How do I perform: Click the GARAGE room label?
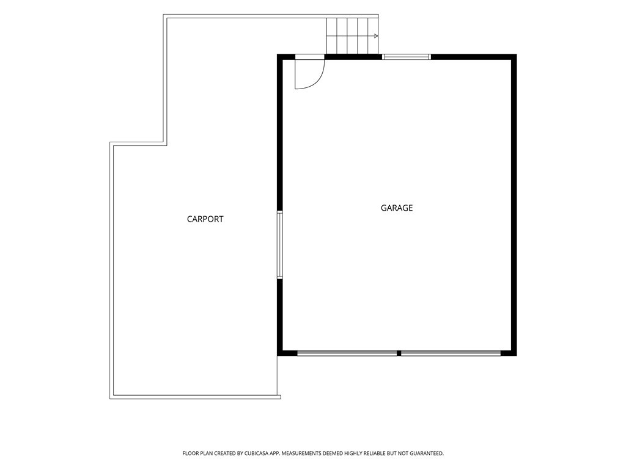pos(396,208)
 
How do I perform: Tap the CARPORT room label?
pos(205,219)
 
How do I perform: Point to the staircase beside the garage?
pos(352,35)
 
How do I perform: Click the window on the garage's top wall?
pos(407,57)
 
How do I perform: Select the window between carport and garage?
pos(280,244)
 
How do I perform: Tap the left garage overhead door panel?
pos(347,353)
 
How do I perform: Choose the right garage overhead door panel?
pos(451,353)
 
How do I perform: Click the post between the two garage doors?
pos(399,353)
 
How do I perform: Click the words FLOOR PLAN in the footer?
pos(198,454)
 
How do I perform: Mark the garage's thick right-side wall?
pos(514,205)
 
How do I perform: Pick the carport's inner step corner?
pos(165,144)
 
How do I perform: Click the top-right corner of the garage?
pos(517,54)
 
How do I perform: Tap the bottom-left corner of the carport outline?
pos(110,398)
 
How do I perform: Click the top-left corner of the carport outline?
pos(163,15)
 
